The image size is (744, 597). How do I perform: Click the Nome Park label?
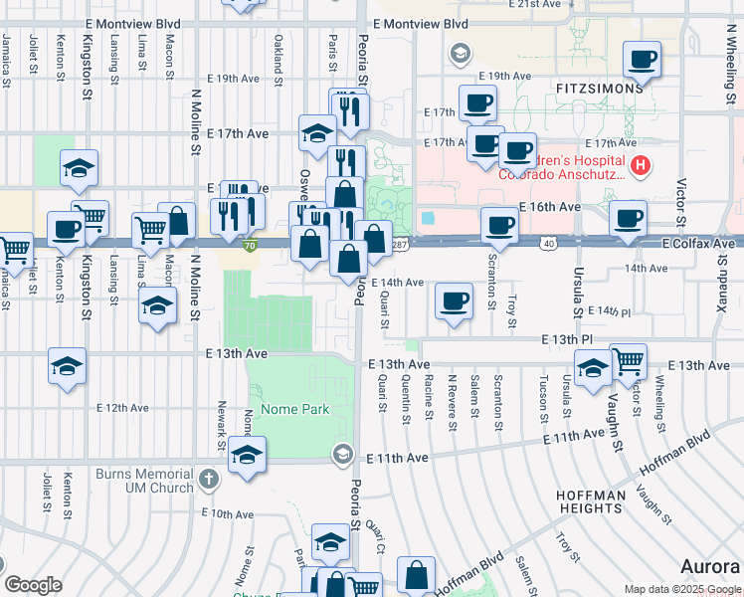[x=294, y=409]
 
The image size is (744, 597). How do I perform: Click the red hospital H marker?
[x=642, y=165]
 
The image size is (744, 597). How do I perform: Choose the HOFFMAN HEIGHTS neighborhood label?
[x=591, y=501]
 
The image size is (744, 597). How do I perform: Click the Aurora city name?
[x=709, y=566]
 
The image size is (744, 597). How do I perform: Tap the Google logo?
[x=34, y=585]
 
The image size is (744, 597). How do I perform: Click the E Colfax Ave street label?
[x=700, y=243]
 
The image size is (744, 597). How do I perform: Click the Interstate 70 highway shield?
[x=251, y=245]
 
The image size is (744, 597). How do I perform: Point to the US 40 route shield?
[x=549, y=244]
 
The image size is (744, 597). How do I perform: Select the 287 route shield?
[x=400, y=244]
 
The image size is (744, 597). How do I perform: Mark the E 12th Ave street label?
[x=122, y=407]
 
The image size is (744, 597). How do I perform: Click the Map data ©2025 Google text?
[x=681, y=589]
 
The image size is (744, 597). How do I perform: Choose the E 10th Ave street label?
[x=227, y=513]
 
